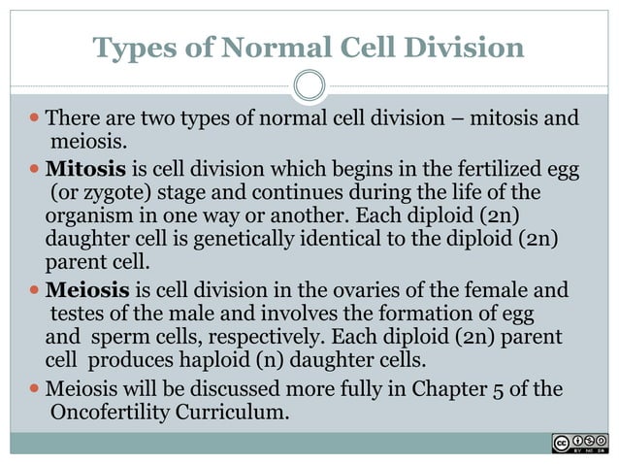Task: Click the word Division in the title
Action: coord(461,47)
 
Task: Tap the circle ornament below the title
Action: coord(309,85)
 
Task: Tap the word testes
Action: coord(76,315)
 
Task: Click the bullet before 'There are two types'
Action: coord(35,119)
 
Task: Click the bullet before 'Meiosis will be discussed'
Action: coord(35,390)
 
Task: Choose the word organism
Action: coord(89,215)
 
